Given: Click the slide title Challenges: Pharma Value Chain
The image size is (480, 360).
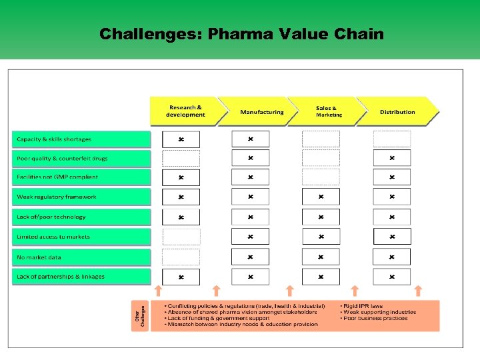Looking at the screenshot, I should click(x=241, y=34).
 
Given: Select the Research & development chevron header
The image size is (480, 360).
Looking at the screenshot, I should click(x=185, y=111).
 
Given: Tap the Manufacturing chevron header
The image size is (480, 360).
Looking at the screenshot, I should click(x=261, y=112).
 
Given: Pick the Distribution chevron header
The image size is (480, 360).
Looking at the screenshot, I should click(x=397, y=112).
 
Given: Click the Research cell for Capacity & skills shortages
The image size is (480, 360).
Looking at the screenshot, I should click(x=181, y=139).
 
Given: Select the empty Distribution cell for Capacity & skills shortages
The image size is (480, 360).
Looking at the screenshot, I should click(x=392, y=139).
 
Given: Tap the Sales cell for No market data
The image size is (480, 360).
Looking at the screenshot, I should click(x=321, y=257).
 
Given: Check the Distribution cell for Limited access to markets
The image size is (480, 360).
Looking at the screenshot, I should click(x=392, y=237).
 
